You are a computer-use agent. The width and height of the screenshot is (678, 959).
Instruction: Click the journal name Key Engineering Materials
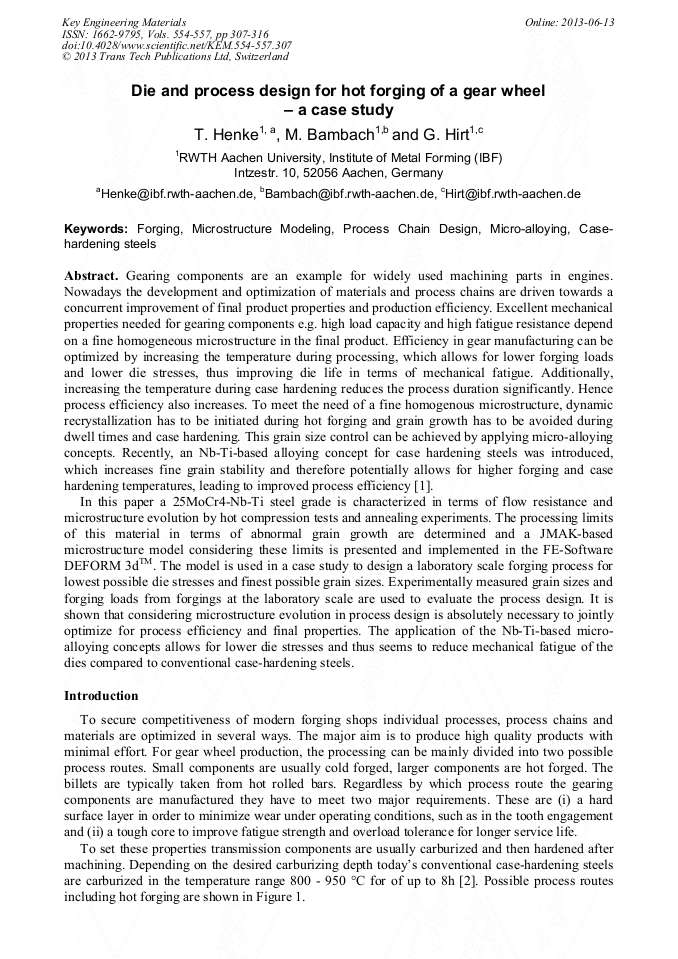pos(124,21)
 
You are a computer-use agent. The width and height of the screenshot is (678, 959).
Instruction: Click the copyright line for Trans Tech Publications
pos(175,57)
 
